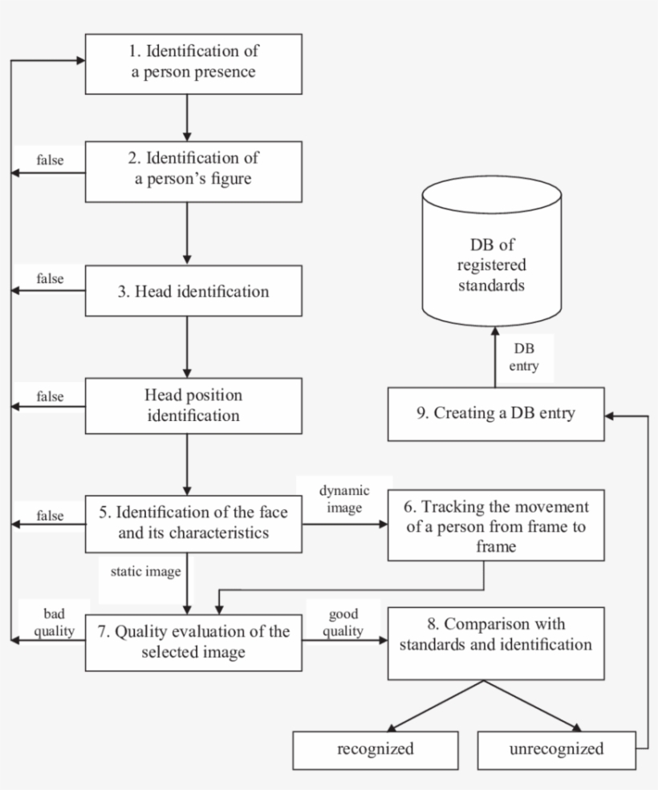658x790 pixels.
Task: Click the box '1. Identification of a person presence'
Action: point(193,63)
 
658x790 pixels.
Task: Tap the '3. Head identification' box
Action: point(193,291)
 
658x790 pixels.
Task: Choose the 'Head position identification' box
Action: point(193,406)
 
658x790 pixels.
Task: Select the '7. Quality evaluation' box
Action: point(193,642)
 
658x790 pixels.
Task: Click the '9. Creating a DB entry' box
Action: point(495,414)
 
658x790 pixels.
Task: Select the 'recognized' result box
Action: point(376,750)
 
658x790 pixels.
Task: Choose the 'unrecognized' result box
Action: point(556,750)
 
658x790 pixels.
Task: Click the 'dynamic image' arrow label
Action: point(345,499)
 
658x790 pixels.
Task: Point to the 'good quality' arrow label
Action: point(345,622)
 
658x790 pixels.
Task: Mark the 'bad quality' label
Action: point(55,622)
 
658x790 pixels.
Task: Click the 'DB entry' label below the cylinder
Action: point(525,358)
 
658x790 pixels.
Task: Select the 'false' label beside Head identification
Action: point(51,279)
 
